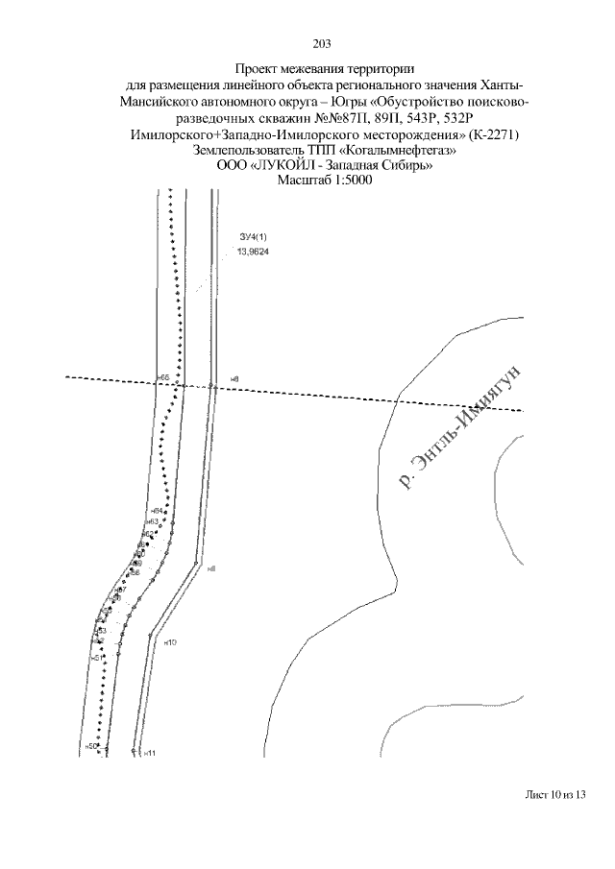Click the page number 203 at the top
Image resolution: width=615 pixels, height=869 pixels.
click(x=322, y=42)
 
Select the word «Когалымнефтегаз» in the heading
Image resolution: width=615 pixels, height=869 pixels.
click(x=406, y=151)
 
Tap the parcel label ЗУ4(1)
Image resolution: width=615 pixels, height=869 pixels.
click(x=252, y=236)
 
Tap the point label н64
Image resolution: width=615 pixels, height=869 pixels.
click(x=156, y=511)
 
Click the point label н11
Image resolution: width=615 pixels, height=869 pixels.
click(x=149, y=753)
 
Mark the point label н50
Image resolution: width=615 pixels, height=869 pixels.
click(x=91, y=747)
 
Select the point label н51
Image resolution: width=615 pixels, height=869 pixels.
click(x=98, y=658)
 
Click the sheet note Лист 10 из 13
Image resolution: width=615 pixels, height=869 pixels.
click(x=555, y=795)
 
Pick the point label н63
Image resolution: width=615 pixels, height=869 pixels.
click(x=152, y=521)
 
